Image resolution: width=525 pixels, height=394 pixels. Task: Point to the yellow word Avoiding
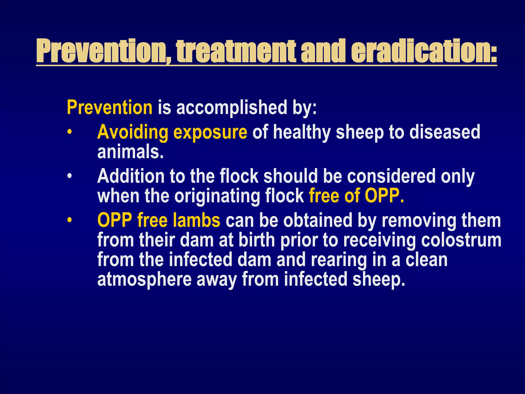tap(133, 132)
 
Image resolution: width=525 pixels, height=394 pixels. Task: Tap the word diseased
tap(445, 132)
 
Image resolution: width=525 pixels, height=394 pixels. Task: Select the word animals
tap(130, 152)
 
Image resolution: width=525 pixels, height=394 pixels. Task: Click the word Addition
tap(131, 176)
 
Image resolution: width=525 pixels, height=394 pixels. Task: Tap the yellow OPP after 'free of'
tap(384, 196)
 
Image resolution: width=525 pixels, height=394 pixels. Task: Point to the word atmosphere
tap(144, 279)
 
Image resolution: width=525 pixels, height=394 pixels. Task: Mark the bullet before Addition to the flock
tap(69, 177)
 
